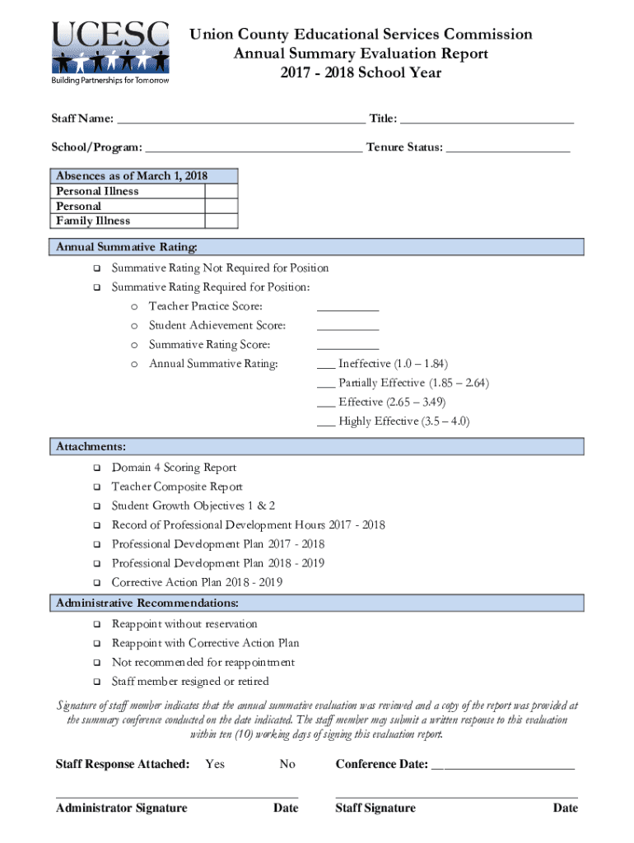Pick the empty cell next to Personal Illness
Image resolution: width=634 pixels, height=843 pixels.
pos(221,191)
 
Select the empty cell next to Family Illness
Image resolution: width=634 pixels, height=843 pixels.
pos(221,221)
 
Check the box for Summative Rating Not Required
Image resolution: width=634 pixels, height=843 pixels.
pos(96,268)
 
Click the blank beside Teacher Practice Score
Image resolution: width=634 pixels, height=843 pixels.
pos(347,307)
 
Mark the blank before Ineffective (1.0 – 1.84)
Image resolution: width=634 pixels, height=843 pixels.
pos(325,364)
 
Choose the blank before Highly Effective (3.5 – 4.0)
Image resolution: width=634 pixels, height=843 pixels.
pos(325,421)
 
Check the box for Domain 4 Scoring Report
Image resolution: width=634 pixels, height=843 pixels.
pos(96,468)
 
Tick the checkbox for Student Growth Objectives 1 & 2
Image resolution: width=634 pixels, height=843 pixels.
pos(96,506)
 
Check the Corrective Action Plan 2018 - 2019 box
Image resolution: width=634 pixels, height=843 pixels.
pos(96,583)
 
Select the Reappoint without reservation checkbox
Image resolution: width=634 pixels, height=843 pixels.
pos(96,625)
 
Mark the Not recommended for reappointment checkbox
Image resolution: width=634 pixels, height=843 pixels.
pos(96,663)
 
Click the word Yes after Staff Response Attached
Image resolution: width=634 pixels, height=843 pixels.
pos(215,764)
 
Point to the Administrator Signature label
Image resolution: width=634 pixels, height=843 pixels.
pos(121,808)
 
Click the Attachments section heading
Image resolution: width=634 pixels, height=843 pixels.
pos(91,446)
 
